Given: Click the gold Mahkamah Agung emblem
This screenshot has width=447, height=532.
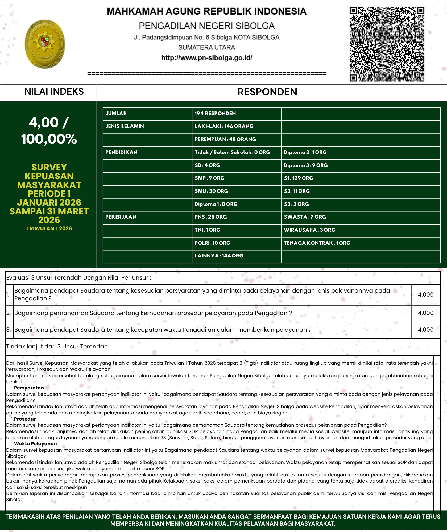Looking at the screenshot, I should (x=45, y=44).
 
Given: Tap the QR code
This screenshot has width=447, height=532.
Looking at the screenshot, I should (x=387, y=44).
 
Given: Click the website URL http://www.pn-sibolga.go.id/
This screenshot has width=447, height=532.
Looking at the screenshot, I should (x=206, y=58).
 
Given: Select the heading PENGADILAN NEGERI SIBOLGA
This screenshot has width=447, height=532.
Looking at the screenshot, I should (x=206, y=26).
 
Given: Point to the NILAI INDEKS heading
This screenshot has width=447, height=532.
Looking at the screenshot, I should (x=54, y=92).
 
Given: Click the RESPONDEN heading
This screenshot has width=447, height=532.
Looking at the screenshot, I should (x=267, y=92).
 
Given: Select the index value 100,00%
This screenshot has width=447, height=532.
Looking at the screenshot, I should (x=49, y=139).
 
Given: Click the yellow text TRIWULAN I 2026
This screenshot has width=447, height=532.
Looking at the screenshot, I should (x=49, y=228).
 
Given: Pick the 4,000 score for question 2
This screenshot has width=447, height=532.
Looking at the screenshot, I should (x=425, y=313).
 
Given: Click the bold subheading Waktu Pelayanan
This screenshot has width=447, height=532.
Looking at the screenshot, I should (x=35, y=444).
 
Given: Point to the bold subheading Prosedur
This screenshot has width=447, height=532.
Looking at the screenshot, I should (x=25, y=419).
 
